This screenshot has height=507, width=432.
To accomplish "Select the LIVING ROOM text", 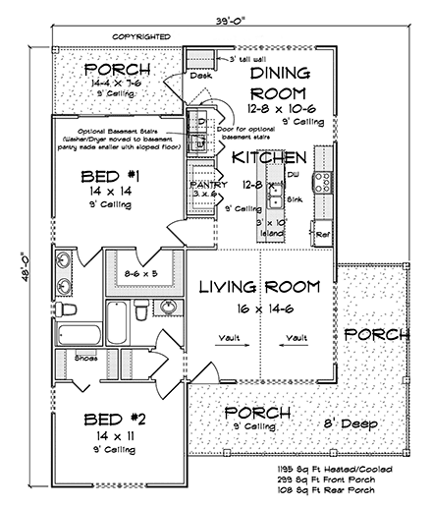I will click(260, 287).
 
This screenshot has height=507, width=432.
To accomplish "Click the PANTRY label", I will click(207, 184).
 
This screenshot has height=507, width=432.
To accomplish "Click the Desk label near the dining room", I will click(202, 74).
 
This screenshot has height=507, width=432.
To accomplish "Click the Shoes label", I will click(86, 358).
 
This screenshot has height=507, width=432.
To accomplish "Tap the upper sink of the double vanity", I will click(62, 260).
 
